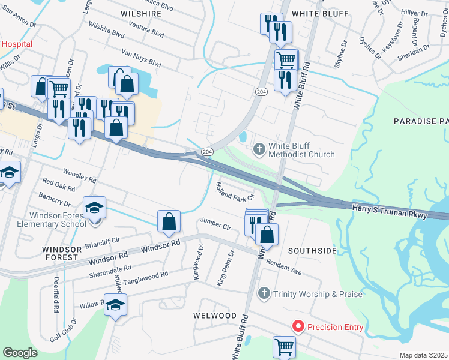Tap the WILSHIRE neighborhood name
141,13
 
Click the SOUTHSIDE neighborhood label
312,250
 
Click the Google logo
20,352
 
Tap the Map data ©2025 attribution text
423,355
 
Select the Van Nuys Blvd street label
142,57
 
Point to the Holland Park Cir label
235,191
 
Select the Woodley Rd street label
79,175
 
